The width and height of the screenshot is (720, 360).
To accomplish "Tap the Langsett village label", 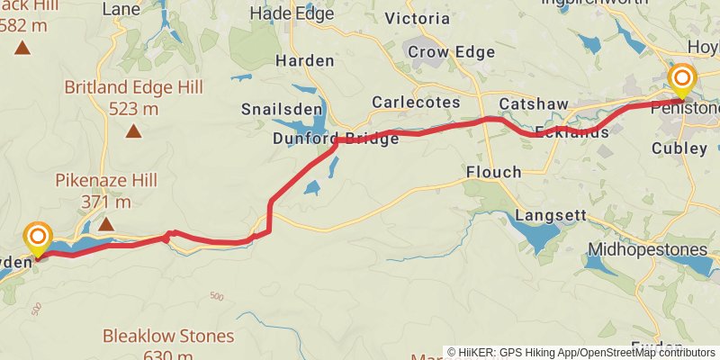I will (x=551, y=217).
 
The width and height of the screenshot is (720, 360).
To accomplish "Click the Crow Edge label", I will (x=451, y=52).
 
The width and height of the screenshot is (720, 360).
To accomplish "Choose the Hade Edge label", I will (x=291, y=13).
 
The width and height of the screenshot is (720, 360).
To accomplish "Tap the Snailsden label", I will (x=275, y=110).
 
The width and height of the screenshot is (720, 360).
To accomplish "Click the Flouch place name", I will (x=493, y=172).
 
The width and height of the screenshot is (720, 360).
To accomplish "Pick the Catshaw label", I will (x=534, y=104).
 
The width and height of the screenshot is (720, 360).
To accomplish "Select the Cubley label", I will (x=680, y=148).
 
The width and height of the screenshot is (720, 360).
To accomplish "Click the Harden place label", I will (x=304, y=61).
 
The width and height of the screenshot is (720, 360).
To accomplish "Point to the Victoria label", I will (x=417, y=18).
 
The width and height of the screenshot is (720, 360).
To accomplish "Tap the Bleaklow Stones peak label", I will (x=168, y=337).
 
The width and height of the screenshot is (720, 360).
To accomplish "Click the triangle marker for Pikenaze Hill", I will (x=106, y=223).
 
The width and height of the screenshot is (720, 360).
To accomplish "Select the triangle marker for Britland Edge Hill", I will (x=133, y=131).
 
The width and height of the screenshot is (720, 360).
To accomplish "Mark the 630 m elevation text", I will (x=168, y=355).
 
